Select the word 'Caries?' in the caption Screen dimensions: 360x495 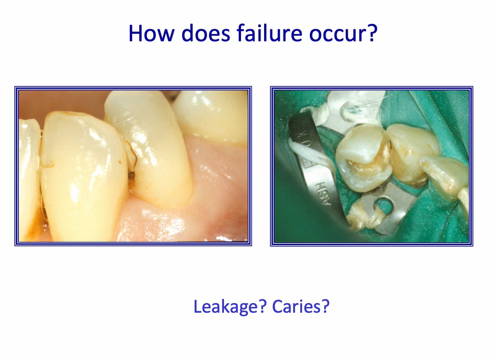pos(300,306)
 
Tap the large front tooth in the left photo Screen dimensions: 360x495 pos(82,174)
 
